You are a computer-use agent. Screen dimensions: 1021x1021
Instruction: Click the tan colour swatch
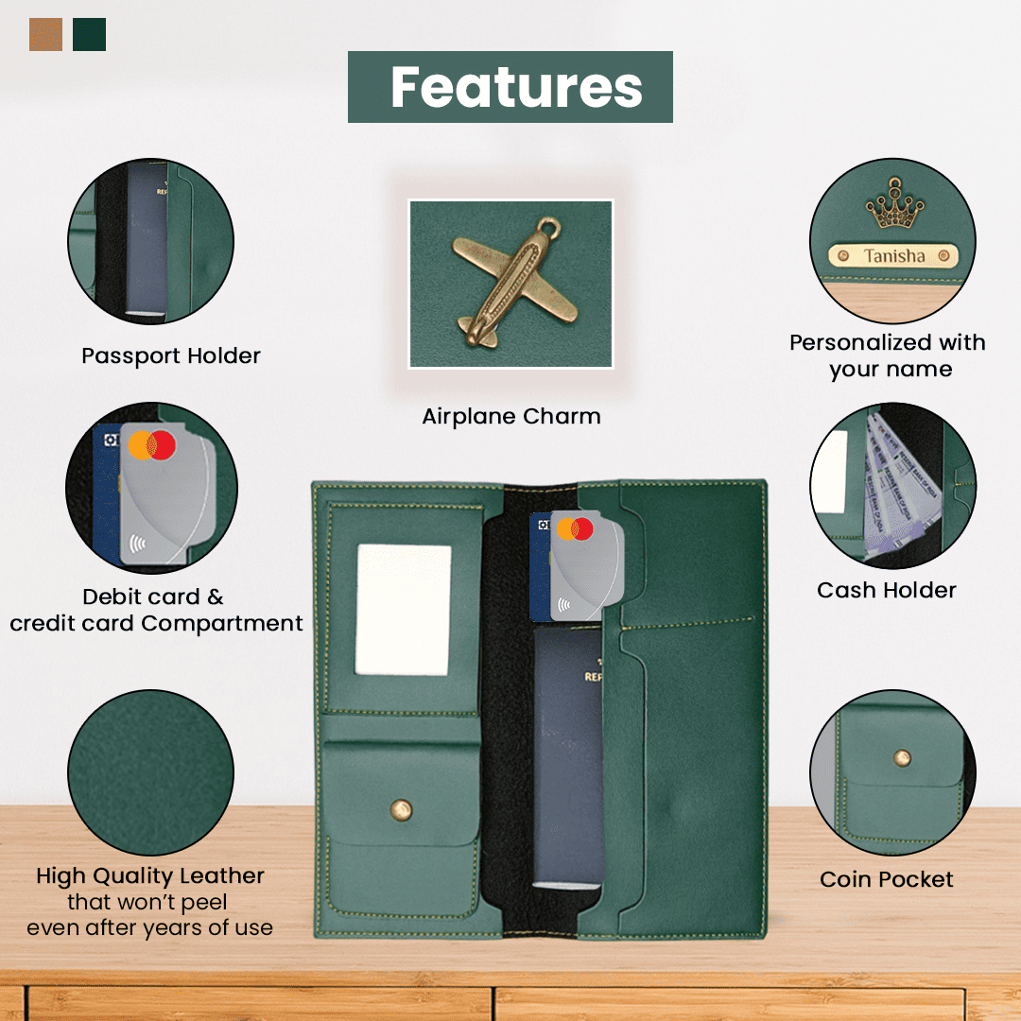point(45,35)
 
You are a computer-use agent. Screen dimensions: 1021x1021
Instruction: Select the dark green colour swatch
point(89,35)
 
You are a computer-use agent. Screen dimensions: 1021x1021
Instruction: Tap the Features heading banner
point(510,87)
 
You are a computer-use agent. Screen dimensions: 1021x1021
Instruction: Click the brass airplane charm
point(514,282)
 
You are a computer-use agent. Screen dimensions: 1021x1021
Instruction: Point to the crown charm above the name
point(894,204)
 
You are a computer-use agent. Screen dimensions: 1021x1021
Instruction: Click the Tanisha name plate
point(893,256)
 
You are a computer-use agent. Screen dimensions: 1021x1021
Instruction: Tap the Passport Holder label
point(170,356)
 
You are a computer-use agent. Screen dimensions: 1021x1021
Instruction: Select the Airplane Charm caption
point(511,416)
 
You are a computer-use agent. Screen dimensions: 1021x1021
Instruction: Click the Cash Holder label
point(886,590)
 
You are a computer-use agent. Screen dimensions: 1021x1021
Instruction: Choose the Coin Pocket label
point(886,879)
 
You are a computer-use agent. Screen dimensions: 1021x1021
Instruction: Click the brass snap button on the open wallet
point(401,810)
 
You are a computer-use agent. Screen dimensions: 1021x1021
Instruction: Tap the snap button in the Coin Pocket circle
point(902,758)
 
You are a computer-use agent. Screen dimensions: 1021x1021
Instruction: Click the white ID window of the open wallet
point(403,610)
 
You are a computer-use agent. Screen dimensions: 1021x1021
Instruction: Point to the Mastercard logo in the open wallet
point(575,528)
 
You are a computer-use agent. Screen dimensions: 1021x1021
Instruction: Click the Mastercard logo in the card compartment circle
point(151,445)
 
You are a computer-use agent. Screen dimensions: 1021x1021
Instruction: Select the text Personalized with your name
point(888,355)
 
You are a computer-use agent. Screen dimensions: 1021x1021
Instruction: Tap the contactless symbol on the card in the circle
point(137,543)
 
